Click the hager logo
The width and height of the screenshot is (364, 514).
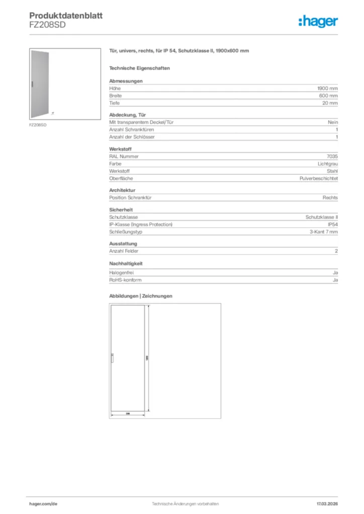tap(318, 21)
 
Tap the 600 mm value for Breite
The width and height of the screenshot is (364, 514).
tap(329, 95)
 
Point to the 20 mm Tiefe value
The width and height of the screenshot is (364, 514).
tap(330, 103)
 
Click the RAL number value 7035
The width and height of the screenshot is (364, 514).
tap(332, 156)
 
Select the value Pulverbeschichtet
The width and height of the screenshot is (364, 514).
tap(319, 178)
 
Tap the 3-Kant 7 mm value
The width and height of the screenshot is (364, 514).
tap(324, 231)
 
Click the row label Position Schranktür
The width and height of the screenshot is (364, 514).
tap(131, 197)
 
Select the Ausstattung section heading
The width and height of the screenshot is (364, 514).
tap(123, 243)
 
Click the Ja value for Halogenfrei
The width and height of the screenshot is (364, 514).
tap(335, 273)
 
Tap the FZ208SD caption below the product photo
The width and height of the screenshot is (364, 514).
tap(38, 125)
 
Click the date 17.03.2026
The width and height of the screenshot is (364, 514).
tap(327, 503)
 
